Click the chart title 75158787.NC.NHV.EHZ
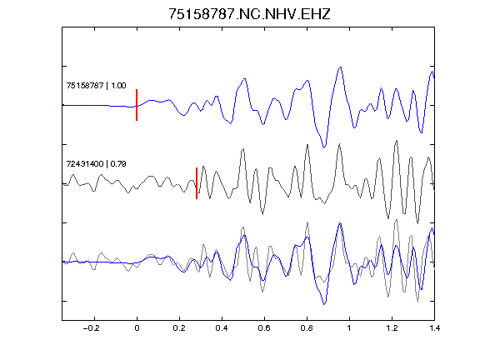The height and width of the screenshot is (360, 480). pos(249,14)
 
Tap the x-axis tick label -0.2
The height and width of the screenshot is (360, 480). pos(91,328)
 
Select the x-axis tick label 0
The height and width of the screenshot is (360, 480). pos(137,328)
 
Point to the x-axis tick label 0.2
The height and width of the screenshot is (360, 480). pos(179,328)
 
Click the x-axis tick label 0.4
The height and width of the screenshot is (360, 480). pos(222,328)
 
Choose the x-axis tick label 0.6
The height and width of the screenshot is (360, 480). pos(264,328)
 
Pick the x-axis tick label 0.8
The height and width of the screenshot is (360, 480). pos(307,328)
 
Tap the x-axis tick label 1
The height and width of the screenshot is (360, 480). pos(349,328)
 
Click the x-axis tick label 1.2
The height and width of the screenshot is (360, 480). pos(392,328)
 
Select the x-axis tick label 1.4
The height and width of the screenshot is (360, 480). pos(434,328)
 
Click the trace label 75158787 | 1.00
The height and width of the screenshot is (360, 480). pos(96,85)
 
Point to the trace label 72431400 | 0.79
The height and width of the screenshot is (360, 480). pos(96,164)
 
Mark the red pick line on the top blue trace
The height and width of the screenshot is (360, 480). pos(137,105)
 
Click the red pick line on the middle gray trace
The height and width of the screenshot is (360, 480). pos(197,183)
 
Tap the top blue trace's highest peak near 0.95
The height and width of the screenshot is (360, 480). pos(340,67)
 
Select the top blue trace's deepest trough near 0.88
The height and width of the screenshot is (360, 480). pos(324,147)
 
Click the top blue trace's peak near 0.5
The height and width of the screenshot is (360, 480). pos(244,79)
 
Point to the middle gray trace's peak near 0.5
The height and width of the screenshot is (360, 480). pos(243,149)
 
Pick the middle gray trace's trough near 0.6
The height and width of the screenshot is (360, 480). pos(262,213)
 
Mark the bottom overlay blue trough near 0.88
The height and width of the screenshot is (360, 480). pos(324,304)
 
